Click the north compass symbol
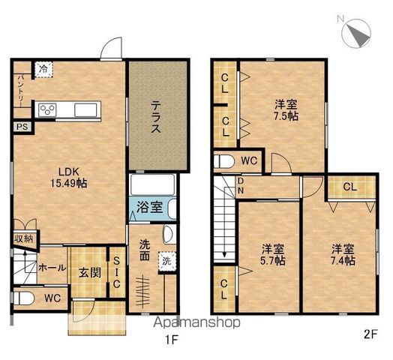click(x=356, y=33)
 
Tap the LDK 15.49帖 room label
click(x=69, y=178)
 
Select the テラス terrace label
click(x=156, y=116)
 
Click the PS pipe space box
click(x=22, y=127)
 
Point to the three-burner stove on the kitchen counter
click(x=47, y=110)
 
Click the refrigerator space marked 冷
click(x=43, y=69)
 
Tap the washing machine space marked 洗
click(x=167, y=262)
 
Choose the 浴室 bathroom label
click(x=150, y=208)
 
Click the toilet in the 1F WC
click(x=23, y=298)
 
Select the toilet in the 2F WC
click(x=223, y=161)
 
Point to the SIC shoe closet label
click(x=116, y=272)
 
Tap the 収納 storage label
click(x=23, y=238)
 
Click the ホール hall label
click(x=52, y=268)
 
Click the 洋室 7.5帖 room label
click(x=286, y=110)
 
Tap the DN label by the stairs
click(x=241, y=186)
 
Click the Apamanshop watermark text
click(x=197, y=323)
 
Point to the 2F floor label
click(x=370, y=335)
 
